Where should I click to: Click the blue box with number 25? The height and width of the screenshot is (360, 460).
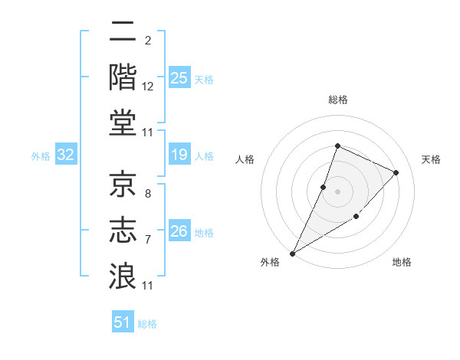[x=179, y=77]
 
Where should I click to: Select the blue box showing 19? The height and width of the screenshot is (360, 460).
[x=179, y=155]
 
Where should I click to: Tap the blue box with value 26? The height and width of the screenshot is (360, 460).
[x=179, y=231]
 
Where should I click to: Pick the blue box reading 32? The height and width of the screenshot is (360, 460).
[x=66, y=155]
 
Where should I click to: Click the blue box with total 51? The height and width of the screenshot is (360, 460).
[x=123, y=323]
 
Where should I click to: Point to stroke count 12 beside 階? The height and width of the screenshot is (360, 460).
[x=147, y=87]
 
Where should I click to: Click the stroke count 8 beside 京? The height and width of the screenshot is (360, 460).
[x=147, y=195]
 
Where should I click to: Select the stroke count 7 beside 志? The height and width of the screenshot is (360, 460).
[x=147, y=240]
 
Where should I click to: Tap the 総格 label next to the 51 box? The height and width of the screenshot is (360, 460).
[x=147, y=324]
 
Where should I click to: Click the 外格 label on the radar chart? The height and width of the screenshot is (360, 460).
[x=270, y=262]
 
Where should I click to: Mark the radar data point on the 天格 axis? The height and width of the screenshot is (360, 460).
[x=396, y=172]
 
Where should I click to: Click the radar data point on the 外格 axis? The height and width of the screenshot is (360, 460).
[x=293, y=253]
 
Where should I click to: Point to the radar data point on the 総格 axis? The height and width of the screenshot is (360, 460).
[x=337, y=146]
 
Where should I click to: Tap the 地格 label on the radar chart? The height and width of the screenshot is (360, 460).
[x=402, y=262]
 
